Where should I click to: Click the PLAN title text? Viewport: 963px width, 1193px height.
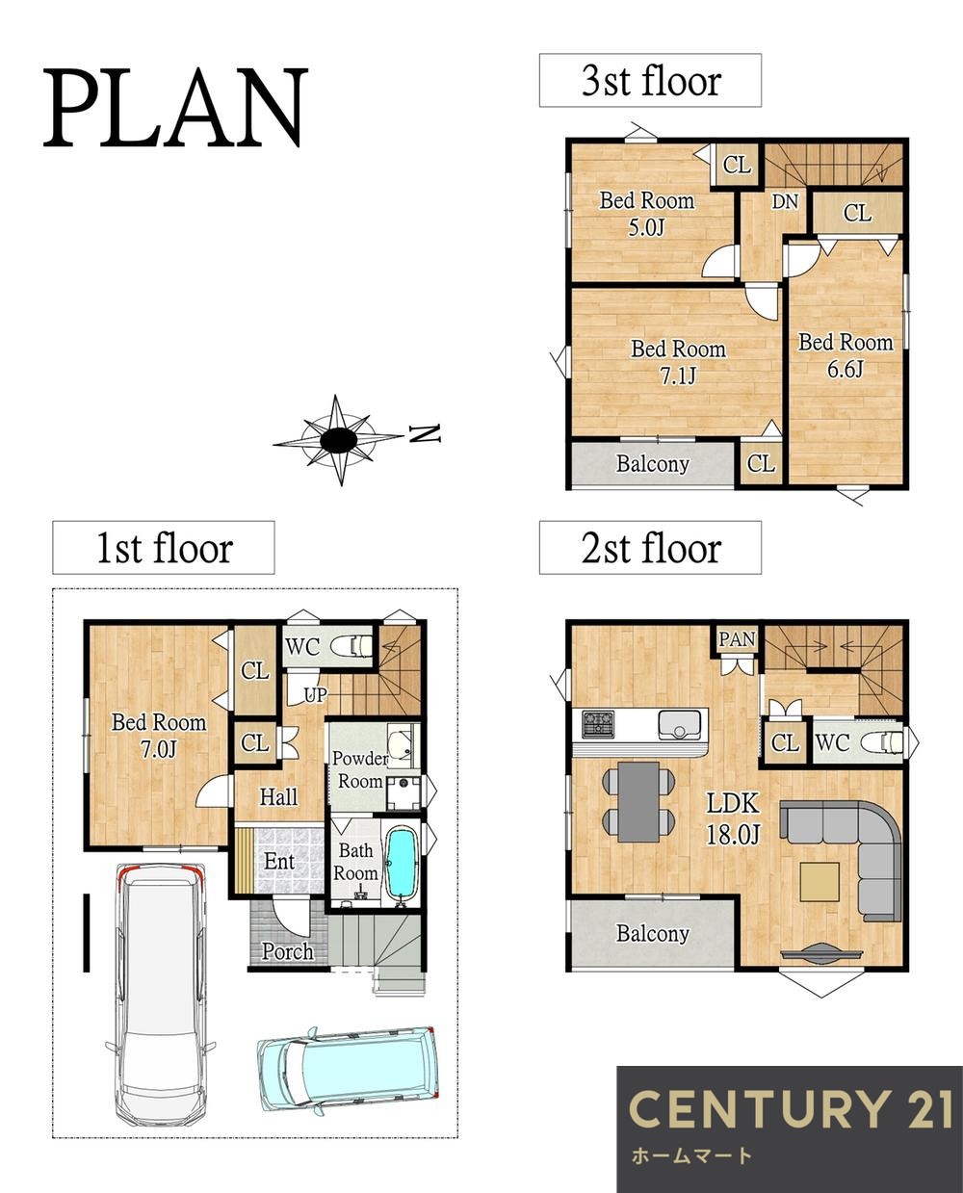176,108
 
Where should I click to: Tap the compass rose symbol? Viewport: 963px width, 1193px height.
338,440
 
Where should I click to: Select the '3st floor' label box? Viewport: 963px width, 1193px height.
650,80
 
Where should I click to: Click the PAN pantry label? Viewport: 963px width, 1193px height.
736,639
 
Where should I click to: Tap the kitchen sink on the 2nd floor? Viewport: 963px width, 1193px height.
678,725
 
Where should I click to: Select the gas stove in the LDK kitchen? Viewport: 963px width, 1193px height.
598,724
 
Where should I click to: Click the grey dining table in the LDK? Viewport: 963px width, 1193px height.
638,801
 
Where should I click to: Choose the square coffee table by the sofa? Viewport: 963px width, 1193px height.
819,882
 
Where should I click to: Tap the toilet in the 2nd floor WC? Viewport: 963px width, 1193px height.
881,742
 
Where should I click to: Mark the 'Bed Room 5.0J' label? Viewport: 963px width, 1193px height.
646,214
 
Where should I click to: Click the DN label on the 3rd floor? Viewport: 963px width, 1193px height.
785,201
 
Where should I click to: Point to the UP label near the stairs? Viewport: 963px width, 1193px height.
316,695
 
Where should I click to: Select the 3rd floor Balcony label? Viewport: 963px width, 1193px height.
652,464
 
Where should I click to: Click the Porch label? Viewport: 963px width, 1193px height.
287,951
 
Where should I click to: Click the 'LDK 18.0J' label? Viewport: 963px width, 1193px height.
733,818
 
